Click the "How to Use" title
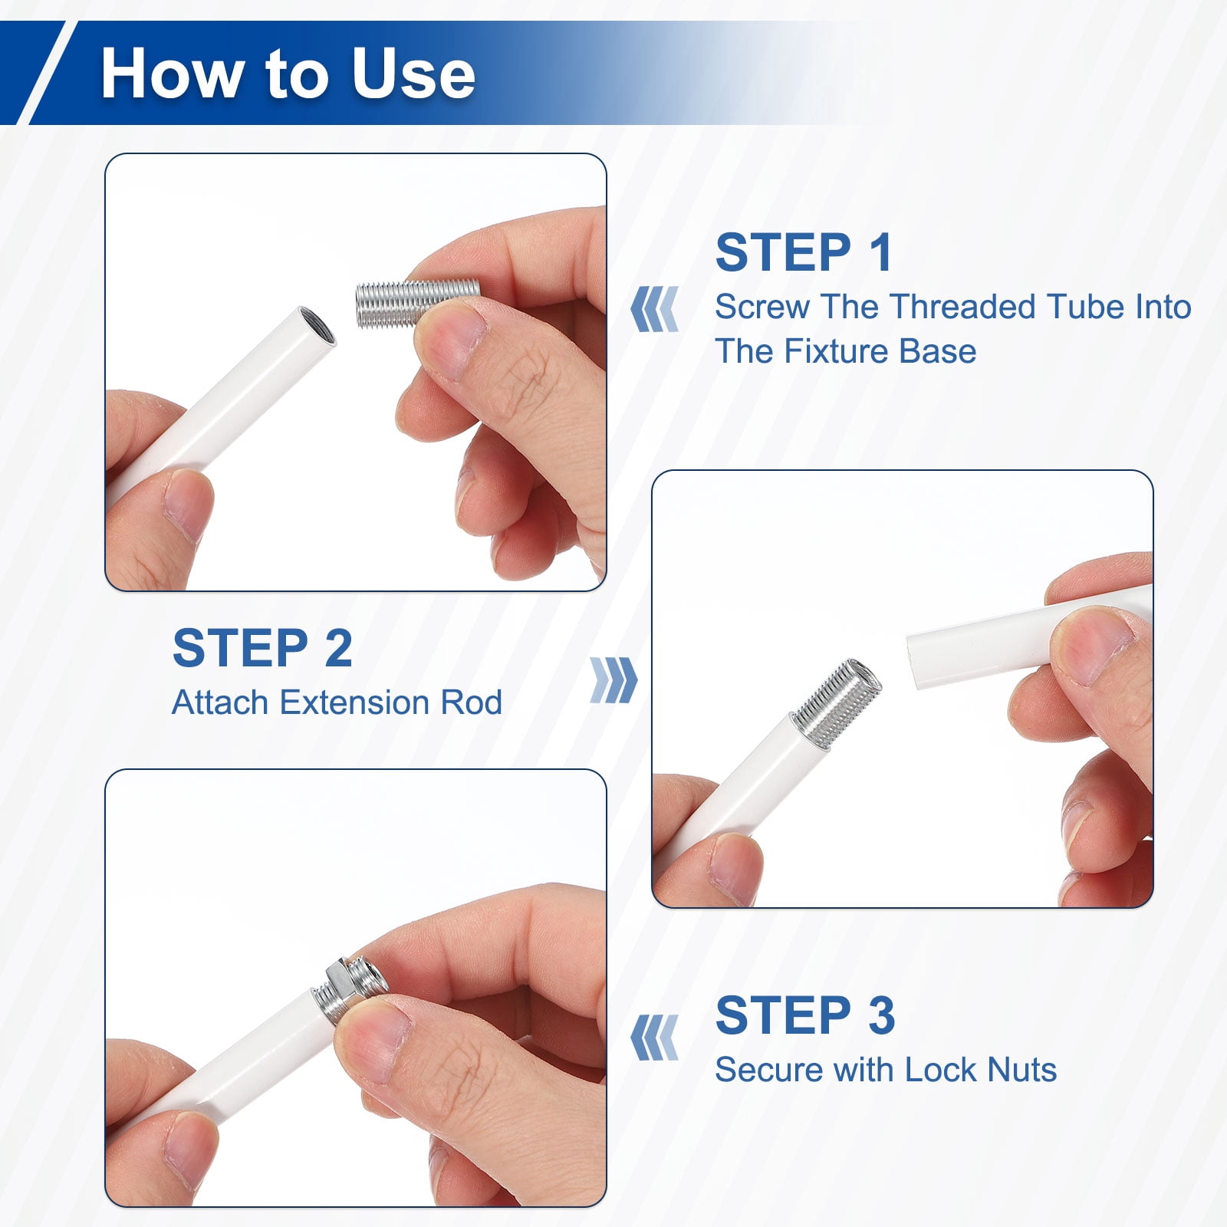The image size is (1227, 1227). coord(288,73)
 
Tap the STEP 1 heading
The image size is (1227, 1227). coord(804,252)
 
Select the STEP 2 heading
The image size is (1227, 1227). coord(262,648)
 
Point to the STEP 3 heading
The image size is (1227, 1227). coord(805,1015)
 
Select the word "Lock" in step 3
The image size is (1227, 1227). coord(942,1070)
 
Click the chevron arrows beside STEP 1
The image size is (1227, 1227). coord(654,309)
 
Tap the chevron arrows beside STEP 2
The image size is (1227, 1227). coord(613,680)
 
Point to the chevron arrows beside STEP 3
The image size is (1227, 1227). coord(654,1038)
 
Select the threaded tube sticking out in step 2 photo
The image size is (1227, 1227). coord(836,703)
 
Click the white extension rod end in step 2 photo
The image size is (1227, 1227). coord(920,660)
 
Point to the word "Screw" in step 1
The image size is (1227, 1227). coord(763,307)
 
